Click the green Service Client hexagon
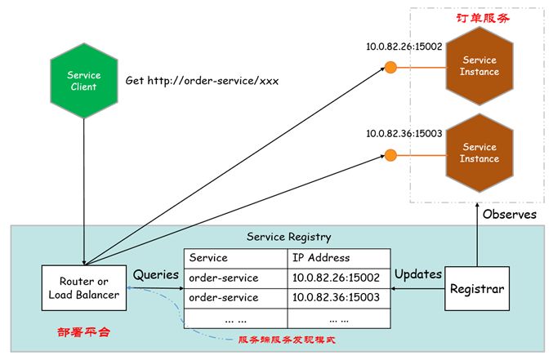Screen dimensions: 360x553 [83, 81]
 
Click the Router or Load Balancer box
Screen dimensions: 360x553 [83, 288]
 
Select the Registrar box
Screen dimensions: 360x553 [476, 288]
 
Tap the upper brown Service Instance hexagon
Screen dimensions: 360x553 [479, 66]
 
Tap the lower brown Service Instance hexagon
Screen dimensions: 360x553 [479, 153]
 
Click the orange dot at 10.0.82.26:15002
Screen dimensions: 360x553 [391, 66]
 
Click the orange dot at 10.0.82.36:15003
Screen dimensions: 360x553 [391, 153]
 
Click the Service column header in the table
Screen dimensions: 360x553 [208, 257]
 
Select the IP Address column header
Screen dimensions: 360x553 [322, 257]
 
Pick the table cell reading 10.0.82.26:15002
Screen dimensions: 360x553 [335, 278]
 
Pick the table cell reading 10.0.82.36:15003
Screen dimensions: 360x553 [335, 298]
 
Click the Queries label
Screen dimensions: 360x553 [156, 275]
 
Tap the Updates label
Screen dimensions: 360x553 [417, 274]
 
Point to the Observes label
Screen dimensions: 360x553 [509, 215]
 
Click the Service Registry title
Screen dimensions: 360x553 [288, 237]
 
